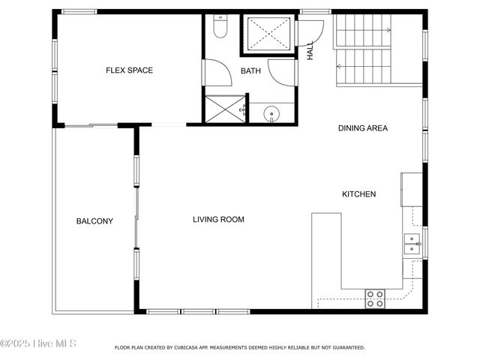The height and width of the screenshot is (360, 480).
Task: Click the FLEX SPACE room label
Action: pos(129,70)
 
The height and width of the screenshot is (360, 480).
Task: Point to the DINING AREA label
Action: pos(362,128)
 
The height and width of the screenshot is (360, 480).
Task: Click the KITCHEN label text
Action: pos(358,194)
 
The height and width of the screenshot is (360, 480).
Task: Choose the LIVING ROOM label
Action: pos(218,220)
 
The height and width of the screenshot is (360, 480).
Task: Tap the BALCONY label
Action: pos(94,221)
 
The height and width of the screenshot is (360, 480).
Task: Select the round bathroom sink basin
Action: pos(271,114)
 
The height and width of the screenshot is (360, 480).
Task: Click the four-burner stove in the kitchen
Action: pos(374,298)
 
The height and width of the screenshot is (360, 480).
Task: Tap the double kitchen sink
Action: pos(412,241)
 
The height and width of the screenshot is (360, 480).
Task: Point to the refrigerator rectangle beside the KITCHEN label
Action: pos(412,189)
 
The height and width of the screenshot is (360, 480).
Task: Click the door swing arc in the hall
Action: pos(310,31)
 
